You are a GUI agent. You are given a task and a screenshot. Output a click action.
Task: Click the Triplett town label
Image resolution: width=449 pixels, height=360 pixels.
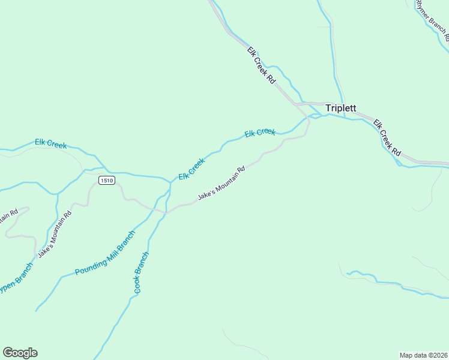click(340, 109)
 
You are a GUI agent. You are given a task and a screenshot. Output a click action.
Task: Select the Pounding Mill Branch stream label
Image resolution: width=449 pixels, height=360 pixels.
click(106, 252)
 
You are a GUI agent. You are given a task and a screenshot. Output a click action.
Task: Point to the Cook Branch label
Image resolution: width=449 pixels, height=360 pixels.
click(141, 272)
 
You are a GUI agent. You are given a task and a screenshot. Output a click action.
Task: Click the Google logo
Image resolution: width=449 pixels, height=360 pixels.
click(20, 353)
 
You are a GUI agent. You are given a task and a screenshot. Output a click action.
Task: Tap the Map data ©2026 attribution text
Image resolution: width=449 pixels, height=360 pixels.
click(423, 355)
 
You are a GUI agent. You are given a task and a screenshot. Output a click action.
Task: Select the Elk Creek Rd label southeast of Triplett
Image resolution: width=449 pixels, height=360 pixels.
click(387, 138)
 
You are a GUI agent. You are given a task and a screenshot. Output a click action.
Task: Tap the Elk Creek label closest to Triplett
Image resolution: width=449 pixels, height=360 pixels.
click(260, 132)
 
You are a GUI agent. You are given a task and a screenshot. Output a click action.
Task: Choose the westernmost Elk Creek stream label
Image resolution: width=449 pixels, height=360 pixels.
click(50, 143)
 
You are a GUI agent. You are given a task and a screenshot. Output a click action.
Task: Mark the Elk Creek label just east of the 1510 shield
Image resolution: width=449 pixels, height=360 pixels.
click(191, 169)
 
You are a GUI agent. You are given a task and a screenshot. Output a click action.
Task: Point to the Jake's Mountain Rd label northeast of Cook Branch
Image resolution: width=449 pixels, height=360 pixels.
click(221, 184)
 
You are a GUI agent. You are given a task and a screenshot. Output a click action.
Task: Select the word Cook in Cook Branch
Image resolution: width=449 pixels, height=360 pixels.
click(137, 285)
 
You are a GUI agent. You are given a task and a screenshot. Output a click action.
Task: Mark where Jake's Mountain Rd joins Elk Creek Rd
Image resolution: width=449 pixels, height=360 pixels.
click(307, 118)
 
